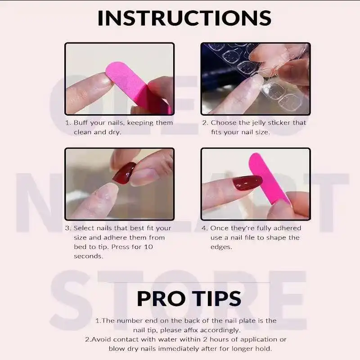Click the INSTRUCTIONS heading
(x=184, y=18)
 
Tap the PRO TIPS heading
(x=189, y=298)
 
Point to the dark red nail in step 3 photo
(x=124, y=173)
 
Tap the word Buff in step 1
(x=81, y=122)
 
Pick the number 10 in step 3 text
(x=148, y=247)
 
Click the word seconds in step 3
(x=88, y=256)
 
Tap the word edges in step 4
(x=221, y=247)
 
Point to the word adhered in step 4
(x=287, y=228)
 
